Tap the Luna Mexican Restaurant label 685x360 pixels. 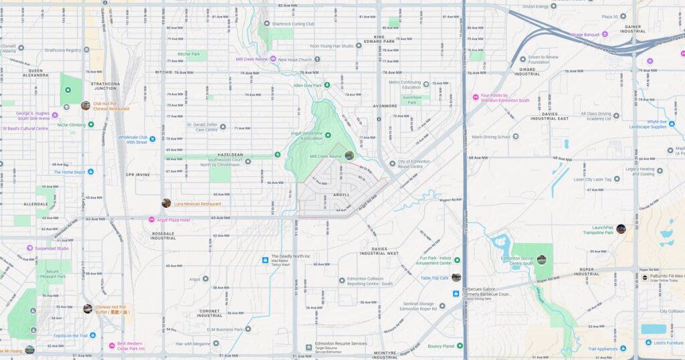(197, 203)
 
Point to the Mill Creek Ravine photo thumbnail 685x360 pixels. (349, 155)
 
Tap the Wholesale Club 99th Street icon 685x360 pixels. (153, 139)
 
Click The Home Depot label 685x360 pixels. (69, 172)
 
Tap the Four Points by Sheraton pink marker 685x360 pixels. (476, 98)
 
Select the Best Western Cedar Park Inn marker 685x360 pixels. (112, 346)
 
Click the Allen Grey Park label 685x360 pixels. (308, 86)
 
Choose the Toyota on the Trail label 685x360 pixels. (70, 335)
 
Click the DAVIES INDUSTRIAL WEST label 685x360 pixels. (379, 252)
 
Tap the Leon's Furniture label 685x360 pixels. (670, 343)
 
